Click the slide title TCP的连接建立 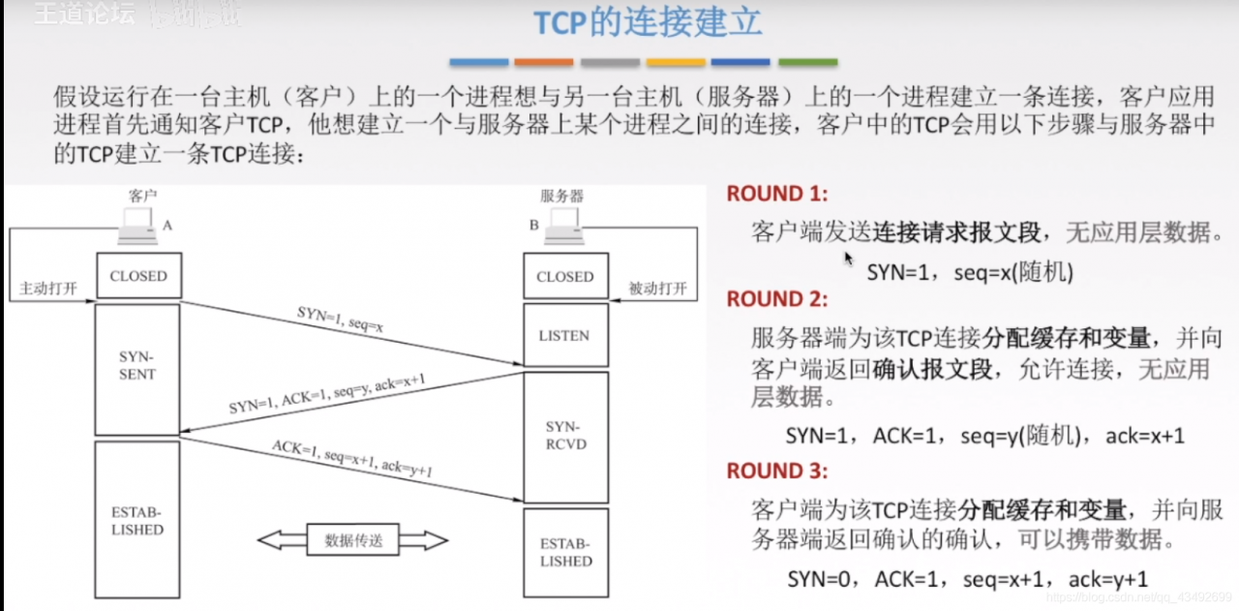coord(648,24)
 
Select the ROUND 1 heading coord(777,194)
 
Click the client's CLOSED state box coord(137,276)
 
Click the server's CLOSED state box coord(564,277)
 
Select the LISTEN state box coord(564,336)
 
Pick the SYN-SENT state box coord(137,366)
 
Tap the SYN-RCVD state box coord(565,436)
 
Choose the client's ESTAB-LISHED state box coord(137,520)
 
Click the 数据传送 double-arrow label coord(353,540)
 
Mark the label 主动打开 coord(47,289)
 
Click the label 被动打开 coord(657,289)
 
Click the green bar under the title coord(807,63)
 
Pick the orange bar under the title coord(544,63)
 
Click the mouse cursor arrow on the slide coord(849,259)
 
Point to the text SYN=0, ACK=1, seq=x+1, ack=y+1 coord(967,579)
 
